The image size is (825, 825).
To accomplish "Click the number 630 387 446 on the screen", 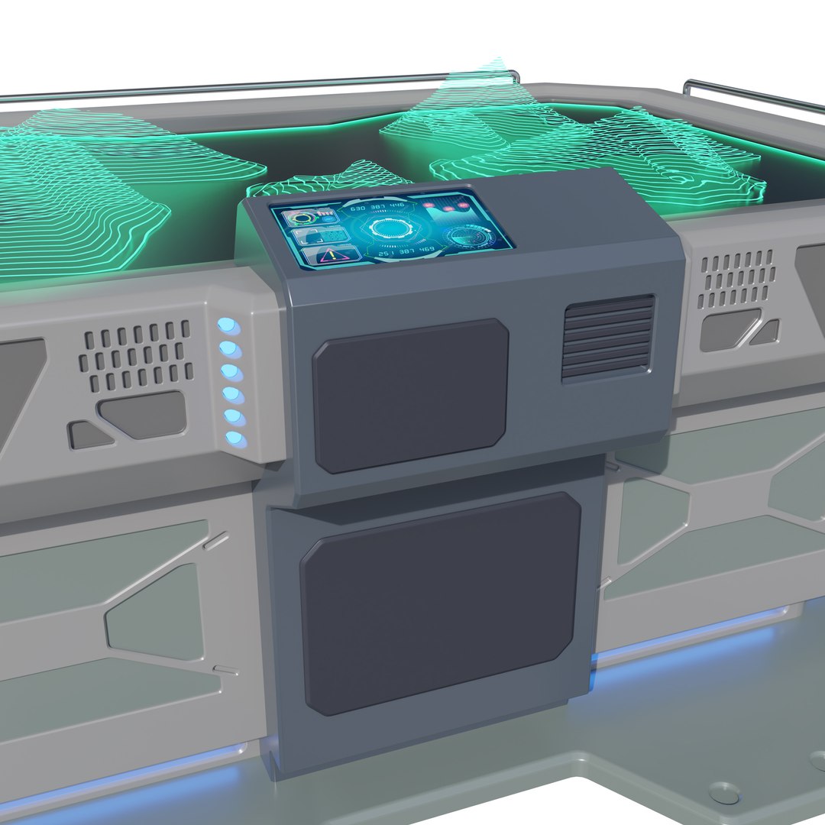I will [377, 206].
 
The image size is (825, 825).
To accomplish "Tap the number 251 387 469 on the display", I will [406, 252].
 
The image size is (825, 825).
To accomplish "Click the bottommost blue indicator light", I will [235, 438].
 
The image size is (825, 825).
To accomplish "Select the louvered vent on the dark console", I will [609, 338].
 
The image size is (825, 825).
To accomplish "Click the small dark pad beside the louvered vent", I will [410, 395].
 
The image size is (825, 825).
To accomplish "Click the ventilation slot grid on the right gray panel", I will [736, 278].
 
